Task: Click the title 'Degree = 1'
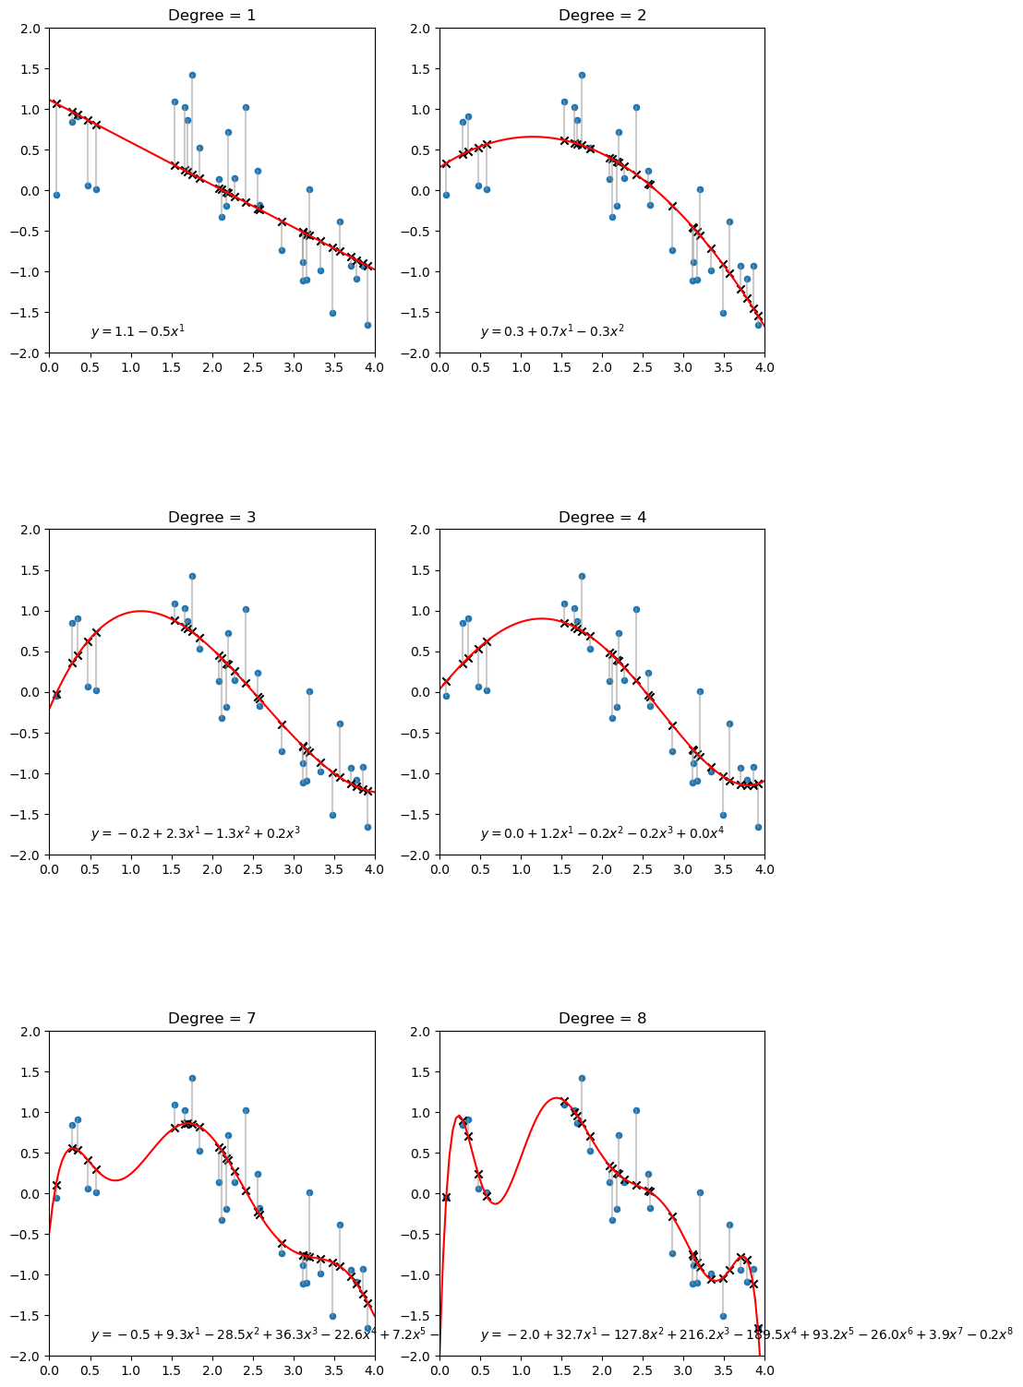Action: [x=211, y=15]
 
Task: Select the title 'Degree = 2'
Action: [x=602, y=15]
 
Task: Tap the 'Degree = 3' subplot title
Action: [x=211, y=517]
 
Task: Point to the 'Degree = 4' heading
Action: [x=602, y=517]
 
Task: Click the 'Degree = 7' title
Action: [x=211, y=1018]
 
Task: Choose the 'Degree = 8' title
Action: [x=602, y=1018]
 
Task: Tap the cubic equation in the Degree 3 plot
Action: [x=195, y=833]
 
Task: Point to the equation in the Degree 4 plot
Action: [x=602, y=833]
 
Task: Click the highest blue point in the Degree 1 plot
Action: [x=192, y=75]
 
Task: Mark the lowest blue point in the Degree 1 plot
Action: [x=367, y=325]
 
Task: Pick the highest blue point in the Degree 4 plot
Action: [x=582, y=576]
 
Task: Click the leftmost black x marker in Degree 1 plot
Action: [x=56, y=103]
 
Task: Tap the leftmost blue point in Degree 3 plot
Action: [x=56, y=695]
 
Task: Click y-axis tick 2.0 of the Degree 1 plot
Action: [x=31, y=28]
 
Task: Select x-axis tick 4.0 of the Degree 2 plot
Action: [x=764, y=366]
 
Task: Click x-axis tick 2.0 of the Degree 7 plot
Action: [x=211, y=1369]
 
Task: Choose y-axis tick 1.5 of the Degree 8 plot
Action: [x=422, y=1071]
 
